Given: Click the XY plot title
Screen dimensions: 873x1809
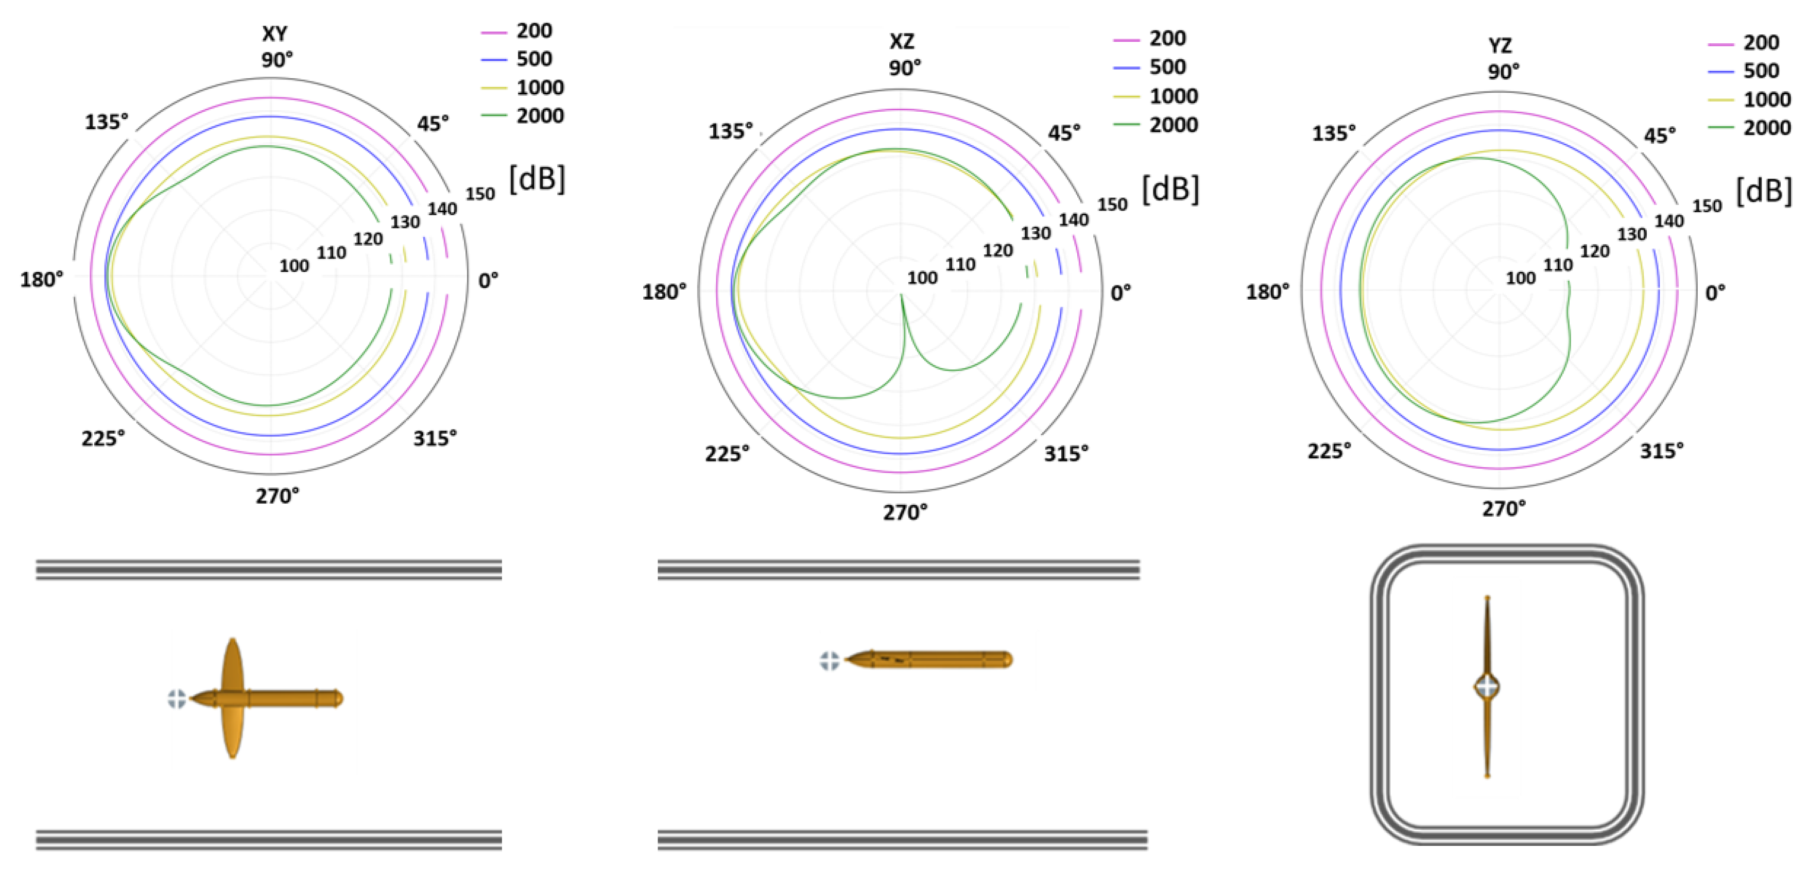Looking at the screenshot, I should coord(274,33).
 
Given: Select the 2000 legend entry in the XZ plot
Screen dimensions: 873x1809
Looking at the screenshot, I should coord(1172,124).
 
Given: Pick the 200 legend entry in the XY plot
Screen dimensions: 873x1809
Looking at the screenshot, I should coord(533,31).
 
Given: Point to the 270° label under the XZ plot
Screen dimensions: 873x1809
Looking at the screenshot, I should coord(904,512).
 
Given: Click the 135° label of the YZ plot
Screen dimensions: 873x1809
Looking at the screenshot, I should coord(1333,133).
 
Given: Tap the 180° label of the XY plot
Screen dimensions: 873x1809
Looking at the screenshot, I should coord(41,280).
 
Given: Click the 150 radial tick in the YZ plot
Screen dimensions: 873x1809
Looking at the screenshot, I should coord(1707,207).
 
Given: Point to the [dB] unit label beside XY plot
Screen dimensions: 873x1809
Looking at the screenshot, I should coord(537,179).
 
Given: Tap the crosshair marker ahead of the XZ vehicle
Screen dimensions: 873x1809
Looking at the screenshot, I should coord(830,660).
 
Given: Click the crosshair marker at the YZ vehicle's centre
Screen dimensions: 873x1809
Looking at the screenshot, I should coord(1487,686).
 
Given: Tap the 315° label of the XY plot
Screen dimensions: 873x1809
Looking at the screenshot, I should coord(434,438).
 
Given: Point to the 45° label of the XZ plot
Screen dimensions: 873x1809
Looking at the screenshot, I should coord(1063,133).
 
